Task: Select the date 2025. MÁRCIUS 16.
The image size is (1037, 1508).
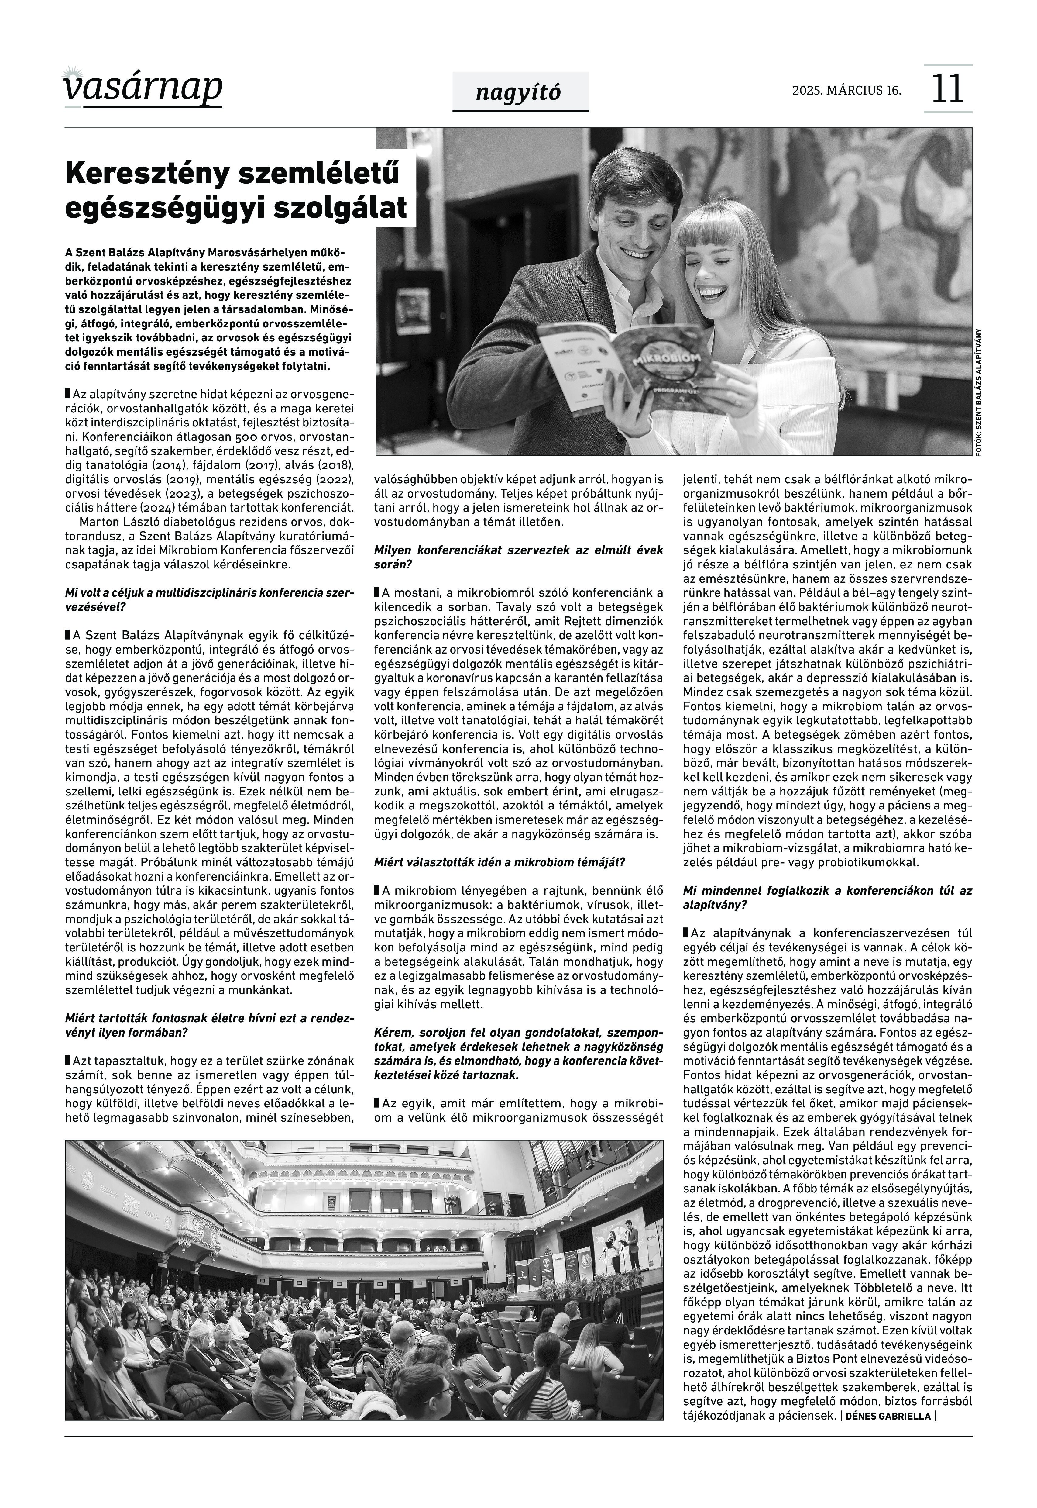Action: click(846, 90)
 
